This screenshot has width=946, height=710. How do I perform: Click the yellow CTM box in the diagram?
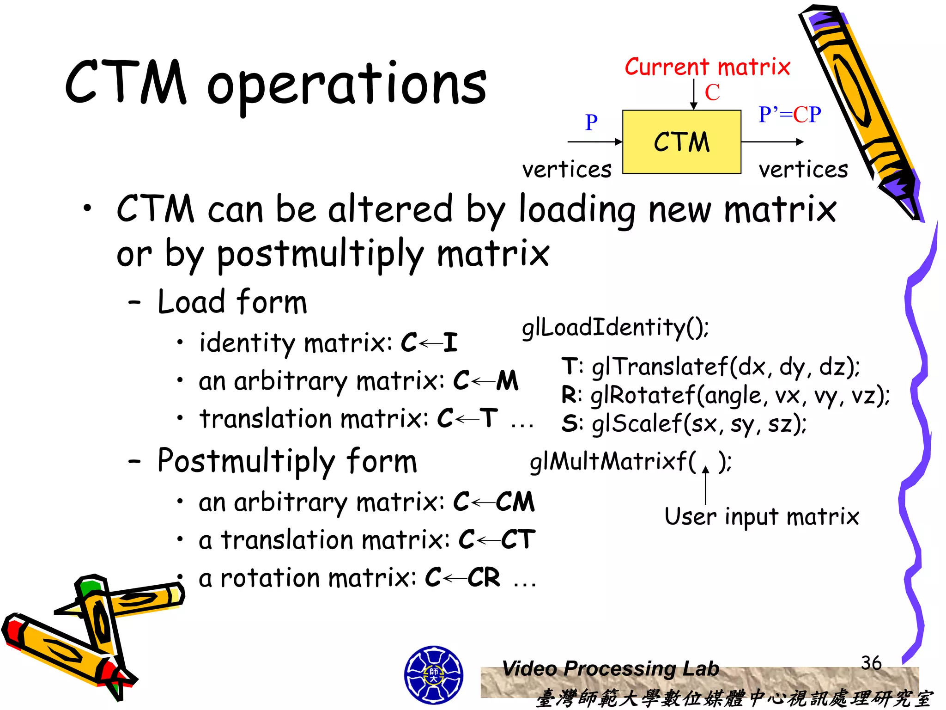[x=681, y=142]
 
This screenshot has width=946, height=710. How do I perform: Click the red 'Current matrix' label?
[x=707, y=67]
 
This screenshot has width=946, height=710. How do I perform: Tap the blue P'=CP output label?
[x=789, y=114]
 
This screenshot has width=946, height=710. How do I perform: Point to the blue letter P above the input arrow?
[x=591, y=122]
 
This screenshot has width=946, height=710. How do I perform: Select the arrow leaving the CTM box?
[x=772, y=142]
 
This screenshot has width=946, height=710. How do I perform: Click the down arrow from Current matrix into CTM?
[x=693, y=94]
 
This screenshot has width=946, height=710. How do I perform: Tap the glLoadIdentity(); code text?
[x=615, y=328]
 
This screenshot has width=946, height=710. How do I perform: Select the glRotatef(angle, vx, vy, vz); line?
[x=725, y=396]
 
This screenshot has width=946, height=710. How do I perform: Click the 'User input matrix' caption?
[x=761, y=516]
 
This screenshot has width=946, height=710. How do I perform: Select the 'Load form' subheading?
[x=232, y=302]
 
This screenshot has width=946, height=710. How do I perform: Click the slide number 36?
[x=871, y=663]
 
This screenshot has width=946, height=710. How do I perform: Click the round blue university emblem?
[x=433, y=675]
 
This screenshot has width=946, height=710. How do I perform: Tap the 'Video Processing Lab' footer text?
[x=610, y=668]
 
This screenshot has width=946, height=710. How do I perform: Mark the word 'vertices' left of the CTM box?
[x=567, y=170]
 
